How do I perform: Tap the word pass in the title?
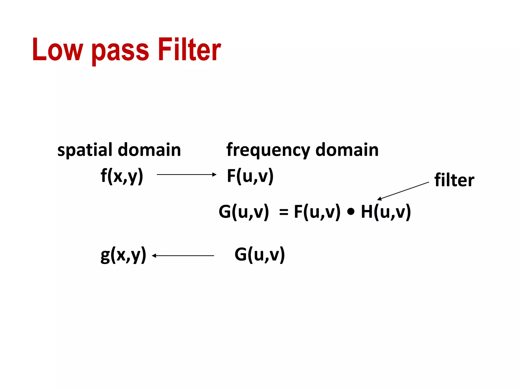120,51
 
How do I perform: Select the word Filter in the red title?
189,50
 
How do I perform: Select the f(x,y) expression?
122,176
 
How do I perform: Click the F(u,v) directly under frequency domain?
250,176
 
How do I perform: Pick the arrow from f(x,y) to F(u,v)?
187,174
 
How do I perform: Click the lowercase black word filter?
454,180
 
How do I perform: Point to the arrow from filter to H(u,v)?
403,191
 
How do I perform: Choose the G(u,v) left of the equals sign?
244,212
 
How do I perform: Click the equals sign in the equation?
284,212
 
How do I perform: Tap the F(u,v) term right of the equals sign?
317,212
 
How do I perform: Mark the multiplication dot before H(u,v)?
351,212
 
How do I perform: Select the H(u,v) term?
386,212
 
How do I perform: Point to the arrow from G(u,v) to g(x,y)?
183,256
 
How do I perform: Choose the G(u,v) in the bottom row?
259,255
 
